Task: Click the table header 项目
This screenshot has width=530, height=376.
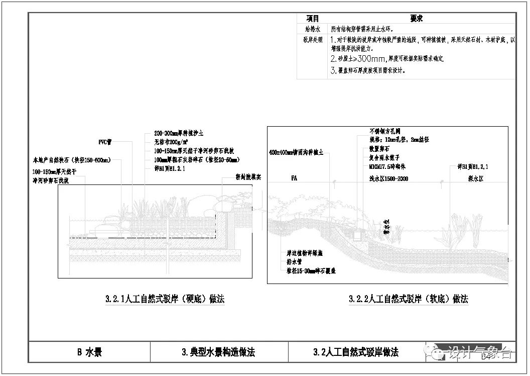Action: [x=312, y=19]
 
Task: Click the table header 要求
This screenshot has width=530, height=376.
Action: [x=416, y=19]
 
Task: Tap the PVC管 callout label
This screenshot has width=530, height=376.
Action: [x=105, y=142]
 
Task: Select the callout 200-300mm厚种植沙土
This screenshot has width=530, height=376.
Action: [x=179, y=134]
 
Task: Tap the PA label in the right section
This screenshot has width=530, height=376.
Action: [x=294, y=178]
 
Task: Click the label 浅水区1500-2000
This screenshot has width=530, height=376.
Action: [x=388, y=179]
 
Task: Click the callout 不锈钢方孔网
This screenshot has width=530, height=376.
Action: [x=384, y=131]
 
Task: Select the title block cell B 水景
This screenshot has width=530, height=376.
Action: [x=89, y=352]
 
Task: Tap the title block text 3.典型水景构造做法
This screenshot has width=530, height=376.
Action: [x=218, y=352]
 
